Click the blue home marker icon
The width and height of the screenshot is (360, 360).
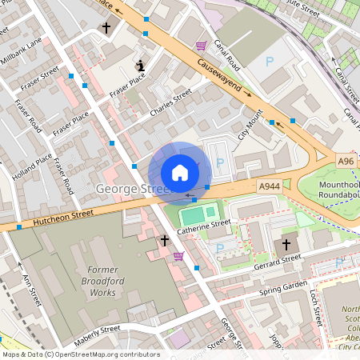[180, 172]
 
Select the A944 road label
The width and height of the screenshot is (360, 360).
[269, 186]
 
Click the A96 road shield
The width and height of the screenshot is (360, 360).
[346, 162]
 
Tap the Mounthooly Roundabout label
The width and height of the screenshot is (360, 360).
[339, 189]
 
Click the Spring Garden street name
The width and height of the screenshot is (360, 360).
[283, 288]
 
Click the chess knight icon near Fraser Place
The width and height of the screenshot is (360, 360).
[141, 65]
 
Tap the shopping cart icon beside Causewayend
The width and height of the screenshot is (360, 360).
[200, 46]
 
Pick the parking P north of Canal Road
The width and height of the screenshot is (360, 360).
[269, 62]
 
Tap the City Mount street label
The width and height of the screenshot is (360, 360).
[250, 127]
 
